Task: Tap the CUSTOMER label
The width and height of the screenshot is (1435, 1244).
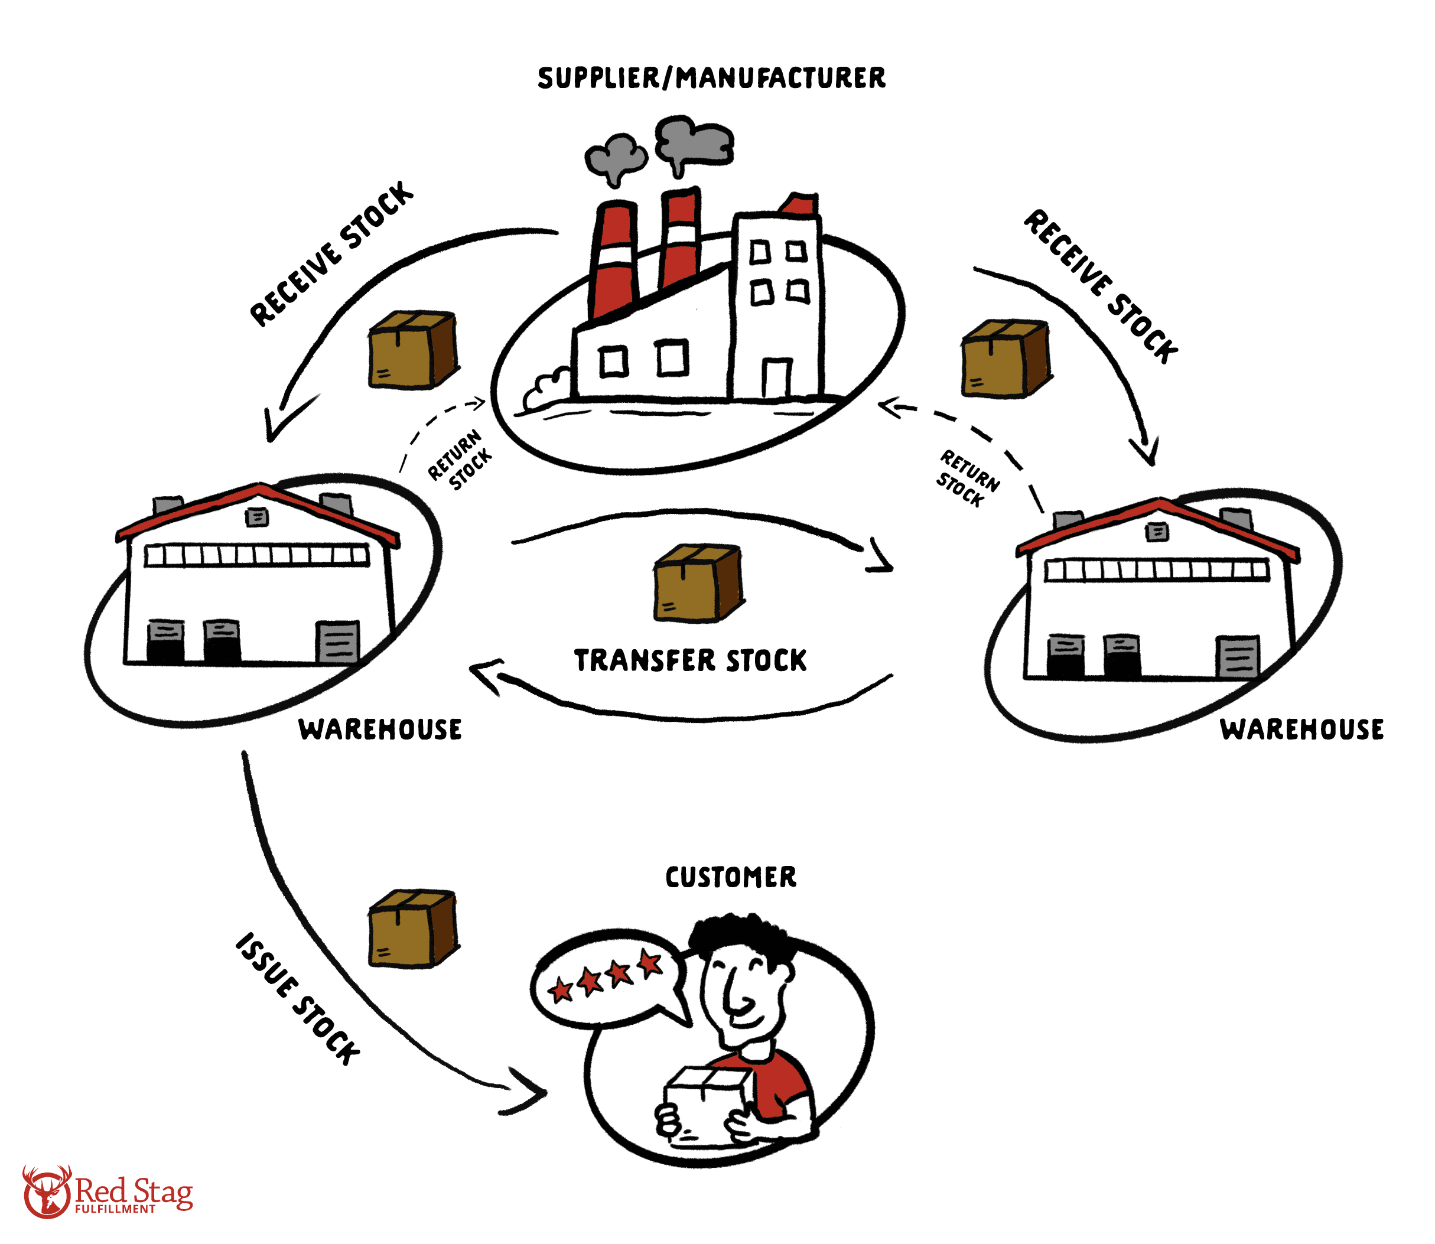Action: click(730, 877)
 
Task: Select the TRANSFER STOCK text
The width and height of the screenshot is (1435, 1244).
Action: click(690, 660)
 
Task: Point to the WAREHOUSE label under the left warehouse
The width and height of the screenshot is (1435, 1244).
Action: click(380, 730)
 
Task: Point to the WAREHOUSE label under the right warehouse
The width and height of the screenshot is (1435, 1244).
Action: click(1301, 730)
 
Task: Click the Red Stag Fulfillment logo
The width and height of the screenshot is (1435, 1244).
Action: click(108, 1193)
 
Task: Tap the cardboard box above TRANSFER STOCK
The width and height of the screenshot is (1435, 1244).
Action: click(698, 582)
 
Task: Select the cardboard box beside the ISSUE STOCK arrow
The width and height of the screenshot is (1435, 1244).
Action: click(413, 928)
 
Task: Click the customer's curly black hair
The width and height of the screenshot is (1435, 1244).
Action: click(740, 934)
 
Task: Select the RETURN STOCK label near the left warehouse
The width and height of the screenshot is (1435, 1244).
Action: click(459, 460)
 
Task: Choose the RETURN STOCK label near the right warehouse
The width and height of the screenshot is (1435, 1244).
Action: click(967, 478)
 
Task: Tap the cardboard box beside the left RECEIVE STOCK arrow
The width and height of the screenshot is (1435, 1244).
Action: click(413, 350)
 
